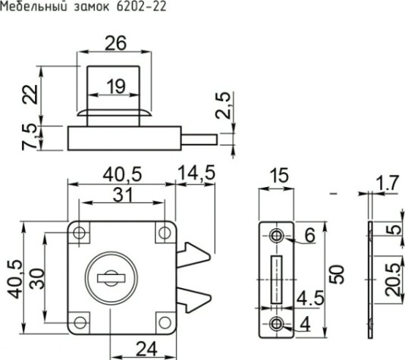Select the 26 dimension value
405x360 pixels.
click(115, 44)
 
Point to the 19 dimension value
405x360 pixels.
click(116, 86)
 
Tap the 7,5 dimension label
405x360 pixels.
click(30, 137)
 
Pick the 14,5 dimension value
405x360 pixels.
click(196, 174)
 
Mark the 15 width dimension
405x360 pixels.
click(278, 176)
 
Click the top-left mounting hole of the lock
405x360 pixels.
click(78, 234)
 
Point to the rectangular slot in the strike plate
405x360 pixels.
click(277, 278)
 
